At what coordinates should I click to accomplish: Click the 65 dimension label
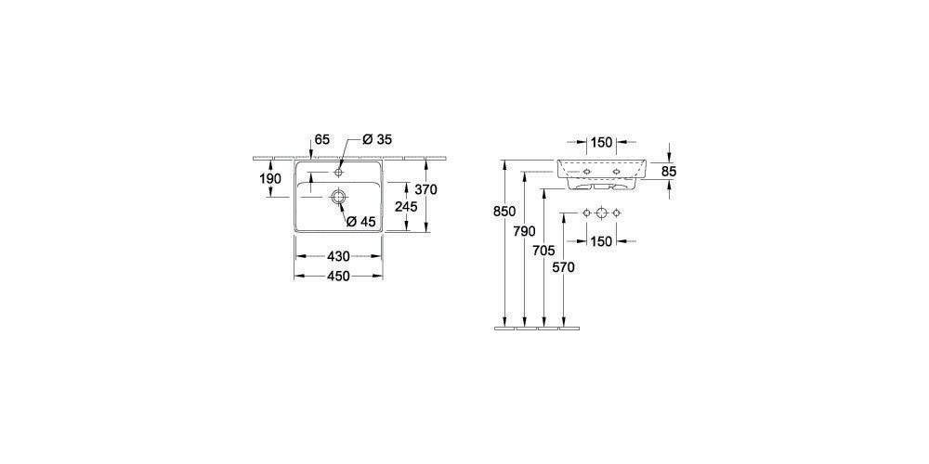321,140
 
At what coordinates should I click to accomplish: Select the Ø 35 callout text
377,140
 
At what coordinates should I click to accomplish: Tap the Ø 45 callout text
360,222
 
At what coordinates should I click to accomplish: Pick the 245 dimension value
406,207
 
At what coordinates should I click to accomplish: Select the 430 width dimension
338,256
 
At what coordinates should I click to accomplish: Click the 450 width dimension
338,276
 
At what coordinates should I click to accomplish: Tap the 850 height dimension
504,212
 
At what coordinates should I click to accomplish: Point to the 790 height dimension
525,231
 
